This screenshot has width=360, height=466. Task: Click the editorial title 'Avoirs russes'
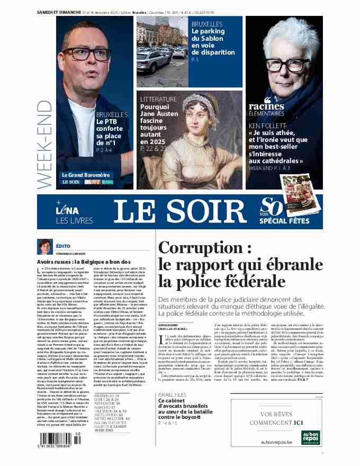coord(58,262)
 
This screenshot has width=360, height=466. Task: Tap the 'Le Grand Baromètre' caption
coord(86,174)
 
